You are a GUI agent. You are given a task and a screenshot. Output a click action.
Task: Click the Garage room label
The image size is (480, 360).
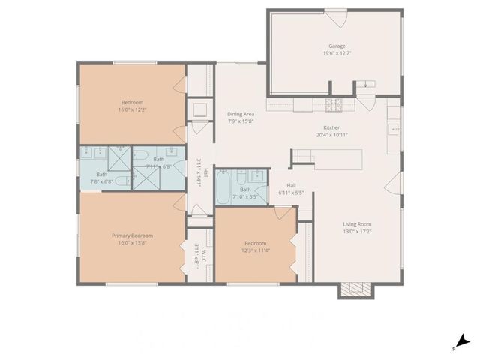pos(336,45)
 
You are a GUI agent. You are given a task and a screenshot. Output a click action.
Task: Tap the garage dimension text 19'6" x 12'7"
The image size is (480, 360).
pos(336,53)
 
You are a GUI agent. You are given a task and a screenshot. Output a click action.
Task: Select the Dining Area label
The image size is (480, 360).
pos(241,114)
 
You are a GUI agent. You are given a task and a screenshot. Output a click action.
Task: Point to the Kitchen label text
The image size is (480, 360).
pos(332,127)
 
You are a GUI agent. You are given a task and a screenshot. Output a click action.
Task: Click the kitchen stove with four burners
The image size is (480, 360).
pos(334,103)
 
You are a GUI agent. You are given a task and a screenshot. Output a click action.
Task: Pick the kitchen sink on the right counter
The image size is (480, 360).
pos(394,128)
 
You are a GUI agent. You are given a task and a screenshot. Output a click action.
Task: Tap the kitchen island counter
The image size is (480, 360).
pos(327,159)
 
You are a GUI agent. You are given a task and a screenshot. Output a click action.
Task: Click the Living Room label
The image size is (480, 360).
pos(358,223)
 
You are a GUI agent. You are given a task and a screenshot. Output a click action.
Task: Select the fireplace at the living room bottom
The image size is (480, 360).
pos(356,290)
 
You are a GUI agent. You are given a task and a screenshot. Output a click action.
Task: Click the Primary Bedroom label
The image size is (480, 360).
pos(132,235)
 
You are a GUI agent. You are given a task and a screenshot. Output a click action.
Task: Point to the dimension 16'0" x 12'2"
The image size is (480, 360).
pos(132,110)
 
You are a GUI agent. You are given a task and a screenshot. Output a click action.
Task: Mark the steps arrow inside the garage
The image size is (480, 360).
pos(366,84)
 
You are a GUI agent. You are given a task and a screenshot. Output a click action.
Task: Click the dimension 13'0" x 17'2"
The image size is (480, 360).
pos(358,232)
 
